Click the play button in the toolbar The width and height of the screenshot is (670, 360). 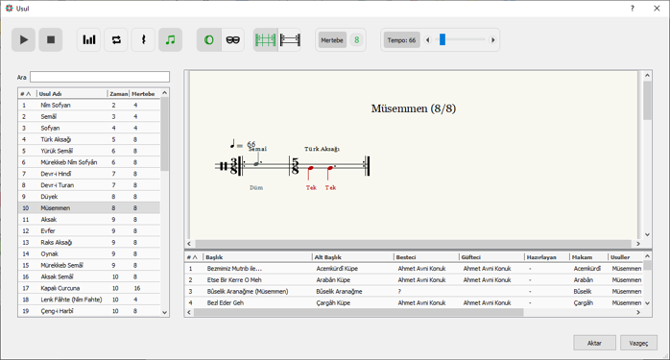click(x=23, y=39)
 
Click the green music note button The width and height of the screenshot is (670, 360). click(x=170, y=39)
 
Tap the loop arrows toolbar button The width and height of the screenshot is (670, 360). click(x=116, y=39)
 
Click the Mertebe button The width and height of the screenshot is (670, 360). click(x=332, y=40)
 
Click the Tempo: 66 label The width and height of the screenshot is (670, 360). click(x=401, y=40)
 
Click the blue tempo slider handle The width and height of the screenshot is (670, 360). click(x=443, y=39)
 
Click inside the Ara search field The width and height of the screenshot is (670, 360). click(x=100, y=77)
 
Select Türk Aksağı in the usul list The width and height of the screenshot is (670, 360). click(x=56, y=139)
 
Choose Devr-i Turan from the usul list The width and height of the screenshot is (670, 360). click(x=58, y=185)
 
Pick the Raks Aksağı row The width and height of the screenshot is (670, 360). click(x=57, y=243)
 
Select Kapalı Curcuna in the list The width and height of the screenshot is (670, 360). click(x=60, y=288)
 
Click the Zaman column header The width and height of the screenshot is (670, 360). click(x=118, y=94)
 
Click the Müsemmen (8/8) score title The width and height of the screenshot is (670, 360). click(x=414, y=108)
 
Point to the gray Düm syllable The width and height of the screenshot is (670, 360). click(x=256, y=188)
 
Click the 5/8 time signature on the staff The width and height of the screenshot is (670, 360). click(x=296, y=166)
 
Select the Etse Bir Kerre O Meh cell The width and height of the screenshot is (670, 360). click(x=234, y=280)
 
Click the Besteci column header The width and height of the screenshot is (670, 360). click(x=406, y=257)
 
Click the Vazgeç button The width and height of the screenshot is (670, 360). click(x=639, y=343)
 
